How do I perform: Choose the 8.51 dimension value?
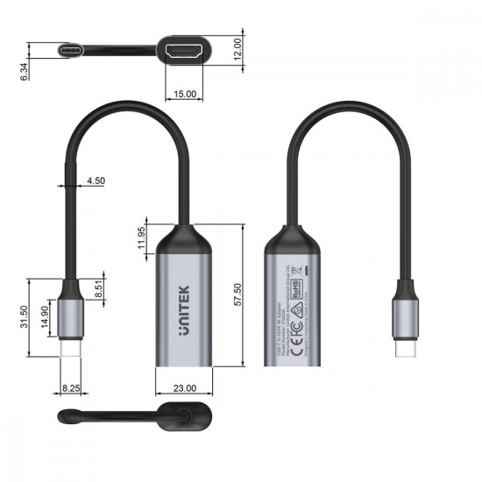(x=99, y=289)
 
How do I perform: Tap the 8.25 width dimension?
(x=72, y=386)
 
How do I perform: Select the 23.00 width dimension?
(x=185, y=386)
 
